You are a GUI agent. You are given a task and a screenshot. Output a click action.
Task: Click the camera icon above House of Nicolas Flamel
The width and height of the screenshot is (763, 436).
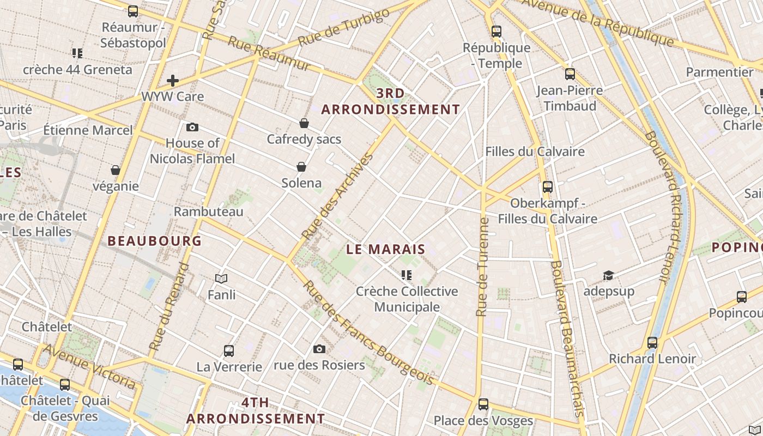(192, 127)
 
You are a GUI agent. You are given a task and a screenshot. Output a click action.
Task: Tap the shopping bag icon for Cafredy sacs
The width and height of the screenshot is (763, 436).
(304, 123)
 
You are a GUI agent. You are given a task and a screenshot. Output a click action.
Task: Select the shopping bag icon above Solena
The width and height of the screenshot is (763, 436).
(301, 167)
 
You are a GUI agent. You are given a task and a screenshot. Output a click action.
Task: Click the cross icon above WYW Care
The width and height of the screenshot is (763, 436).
(173, 81)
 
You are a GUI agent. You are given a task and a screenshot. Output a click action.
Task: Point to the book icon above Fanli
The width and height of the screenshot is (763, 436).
(221, 278)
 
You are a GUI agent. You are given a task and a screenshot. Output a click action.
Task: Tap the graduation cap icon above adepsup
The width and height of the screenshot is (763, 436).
(608, 275)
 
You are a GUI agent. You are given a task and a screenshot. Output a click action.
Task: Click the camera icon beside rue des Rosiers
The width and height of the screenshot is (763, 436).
(319, 349)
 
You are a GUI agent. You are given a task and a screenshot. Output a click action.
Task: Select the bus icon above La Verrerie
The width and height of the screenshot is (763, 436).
(229, 350)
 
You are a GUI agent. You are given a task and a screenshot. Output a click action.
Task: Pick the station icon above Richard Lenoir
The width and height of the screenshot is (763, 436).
(652, 343)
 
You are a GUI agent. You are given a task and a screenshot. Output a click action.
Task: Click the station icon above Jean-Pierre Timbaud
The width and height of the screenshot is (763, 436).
(570, 74)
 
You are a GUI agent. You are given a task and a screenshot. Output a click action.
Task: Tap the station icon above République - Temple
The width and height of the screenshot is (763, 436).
(496, 32)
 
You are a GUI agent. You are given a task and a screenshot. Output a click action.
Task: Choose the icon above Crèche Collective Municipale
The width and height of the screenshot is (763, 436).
(407, 275)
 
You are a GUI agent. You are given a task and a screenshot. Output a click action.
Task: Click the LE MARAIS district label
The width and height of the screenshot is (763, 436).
(386, 250)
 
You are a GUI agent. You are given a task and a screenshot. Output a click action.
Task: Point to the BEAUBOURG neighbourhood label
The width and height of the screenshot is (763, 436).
(155, 241)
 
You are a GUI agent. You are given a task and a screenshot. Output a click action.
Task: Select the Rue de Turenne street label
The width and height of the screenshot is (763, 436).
(482, 267)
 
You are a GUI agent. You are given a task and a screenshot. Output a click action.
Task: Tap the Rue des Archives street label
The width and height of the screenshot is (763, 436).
(338, 196)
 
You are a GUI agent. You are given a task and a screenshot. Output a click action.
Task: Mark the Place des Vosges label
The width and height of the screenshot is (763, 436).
(483, 421)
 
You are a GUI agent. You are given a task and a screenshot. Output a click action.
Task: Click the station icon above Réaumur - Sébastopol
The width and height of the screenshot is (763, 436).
(133, 11)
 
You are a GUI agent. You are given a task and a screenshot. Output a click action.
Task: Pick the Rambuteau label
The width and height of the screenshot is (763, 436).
(209, 211)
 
